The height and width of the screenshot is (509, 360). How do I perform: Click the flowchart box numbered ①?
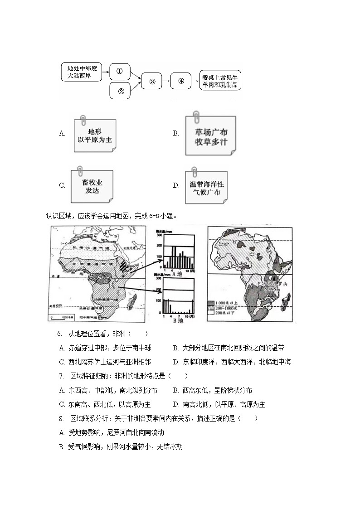click(120, 72)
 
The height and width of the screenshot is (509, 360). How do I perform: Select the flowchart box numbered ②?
click(121, 91)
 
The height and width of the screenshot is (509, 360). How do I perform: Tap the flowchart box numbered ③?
click(152, 82)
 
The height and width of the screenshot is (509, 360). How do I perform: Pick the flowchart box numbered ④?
click(181, 81)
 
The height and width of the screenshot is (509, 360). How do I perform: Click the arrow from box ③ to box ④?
click(166, 82)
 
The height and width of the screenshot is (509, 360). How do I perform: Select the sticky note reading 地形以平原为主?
click(95, 136)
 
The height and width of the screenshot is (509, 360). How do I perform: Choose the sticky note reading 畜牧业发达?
click(92, 186)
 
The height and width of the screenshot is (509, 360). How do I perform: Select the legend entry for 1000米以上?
click(213, 302)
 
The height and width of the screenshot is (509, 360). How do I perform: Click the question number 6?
click(59, 334)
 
